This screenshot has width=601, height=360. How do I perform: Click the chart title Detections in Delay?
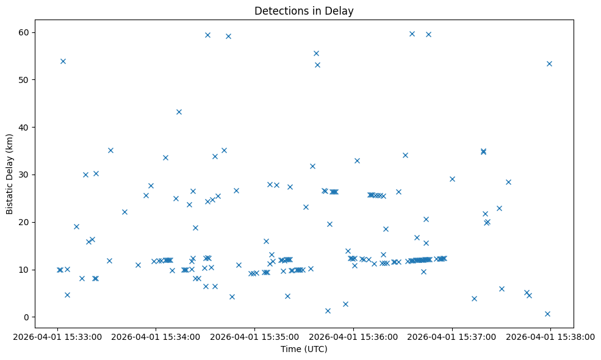[304, 11]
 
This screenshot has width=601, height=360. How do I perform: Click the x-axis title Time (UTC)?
[304, 350]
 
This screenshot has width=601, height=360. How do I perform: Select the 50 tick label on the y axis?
[25, 80]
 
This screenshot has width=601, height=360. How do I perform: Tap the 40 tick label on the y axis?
[25, 127]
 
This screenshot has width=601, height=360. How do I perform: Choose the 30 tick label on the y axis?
[25, 175]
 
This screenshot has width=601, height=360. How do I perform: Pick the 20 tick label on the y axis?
[25, 222]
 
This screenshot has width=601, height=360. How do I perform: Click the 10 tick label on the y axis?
[25, 270]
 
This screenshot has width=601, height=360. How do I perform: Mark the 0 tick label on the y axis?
[27, 317]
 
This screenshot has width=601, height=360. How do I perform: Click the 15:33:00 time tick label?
[57, 336]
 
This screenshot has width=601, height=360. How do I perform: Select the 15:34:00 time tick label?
[156, 336]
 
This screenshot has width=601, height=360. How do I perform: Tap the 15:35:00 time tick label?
[254, 336]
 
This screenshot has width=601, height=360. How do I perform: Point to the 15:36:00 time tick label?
[353, 336]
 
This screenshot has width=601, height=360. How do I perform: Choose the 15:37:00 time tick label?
[452, 336]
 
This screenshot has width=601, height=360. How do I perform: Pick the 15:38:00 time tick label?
[550, 336]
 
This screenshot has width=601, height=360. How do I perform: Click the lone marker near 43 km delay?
[179, 112]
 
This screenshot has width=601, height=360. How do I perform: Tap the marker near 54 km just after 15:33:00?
[63, 61]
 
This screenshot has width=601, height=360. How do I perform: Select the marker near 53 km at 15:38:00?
[549, 63]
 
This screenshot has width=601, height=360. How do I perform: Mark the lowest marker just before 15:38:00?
[547, 314]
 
